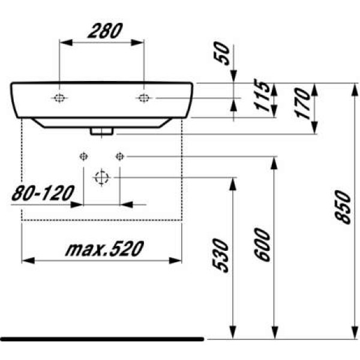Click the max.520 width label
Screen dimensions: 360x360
101,248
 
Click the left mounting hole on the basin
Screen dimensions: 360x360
59,98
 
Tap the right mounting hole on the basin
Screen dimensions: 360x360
144,98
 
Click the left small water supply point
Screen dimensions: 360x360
83,157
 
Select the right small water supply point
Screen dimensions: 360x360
119,157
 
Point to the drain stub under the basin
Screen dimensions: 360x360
101,130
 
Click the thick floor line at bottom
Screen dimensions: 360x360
102,339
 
